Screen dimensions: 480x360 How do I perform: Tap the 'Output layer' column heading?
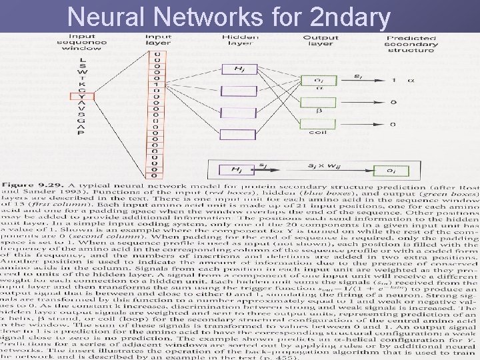(x=320, y=41)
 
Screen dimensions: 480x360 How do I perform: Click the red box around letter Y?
(x=83, y=96)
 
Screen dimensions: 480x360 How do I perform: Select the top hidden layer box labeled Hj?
(x=238, y=69)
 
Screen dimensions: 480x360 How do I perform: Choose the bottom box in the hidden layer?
(x=238, y=134)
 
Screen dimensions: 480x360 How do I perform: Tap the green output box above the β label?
(x=310, y=102)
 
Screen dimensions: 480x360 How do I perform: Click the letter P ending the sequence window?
(x=83, y=132)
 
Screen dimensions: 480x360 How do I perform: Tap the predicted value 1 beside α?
(x=395, y=80)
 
